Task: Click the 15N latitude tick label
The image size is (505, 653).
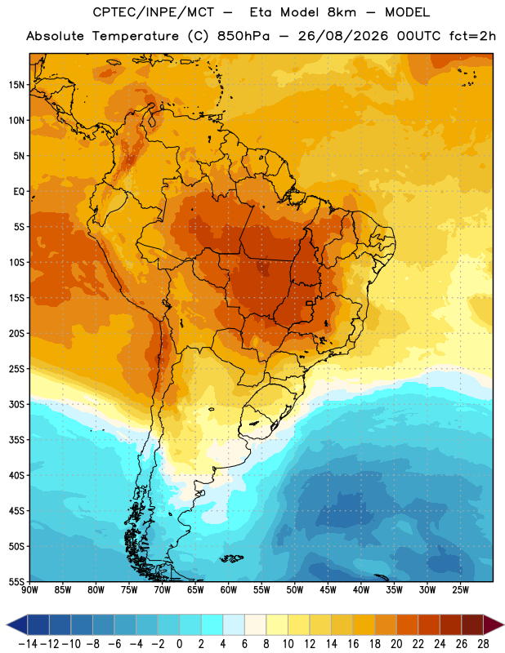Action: tap(16, 85)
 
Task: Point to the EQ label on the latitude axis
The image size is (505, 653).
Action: tap(19, 192)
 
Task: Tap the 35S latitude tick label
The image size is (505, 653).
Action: tap(16, 440)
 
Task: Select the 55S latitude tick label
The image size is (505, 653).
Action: tap(16, 581)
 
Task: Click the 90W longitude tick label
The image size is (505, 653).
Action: tap(29, 589)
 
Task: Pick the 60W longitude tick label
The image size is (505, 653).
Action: tap(229, 589)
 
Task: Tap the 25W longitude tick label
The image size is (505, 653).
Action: tap(461, 589)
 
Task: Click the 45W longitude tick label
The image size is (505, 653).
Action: tap(328, 589)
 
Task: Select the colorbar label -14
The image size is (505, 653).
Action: tap(28, 644)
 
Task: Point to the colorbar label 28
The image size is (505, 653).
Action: tap(483, 644)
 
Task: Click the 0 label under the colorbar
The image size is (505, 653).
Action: tap(179, 644)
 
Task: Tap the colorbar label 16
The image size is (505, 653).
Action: tap(353, 644)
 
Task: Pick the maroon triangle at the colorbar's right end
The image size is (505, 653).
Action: tap(494, 624)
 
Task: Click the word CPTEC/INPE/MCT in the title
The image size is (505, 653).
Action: tap(154, 12)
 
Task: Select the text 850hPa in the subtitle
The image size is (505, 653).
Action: tap(244, 36)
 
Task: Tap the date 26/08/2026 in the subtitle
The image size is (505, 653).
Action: tap(343, 36)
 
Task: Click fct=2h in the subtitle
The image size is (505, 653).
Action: tap(472, 36)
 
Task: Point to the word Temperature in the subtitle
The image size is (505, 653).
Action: tap(136, 36)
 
